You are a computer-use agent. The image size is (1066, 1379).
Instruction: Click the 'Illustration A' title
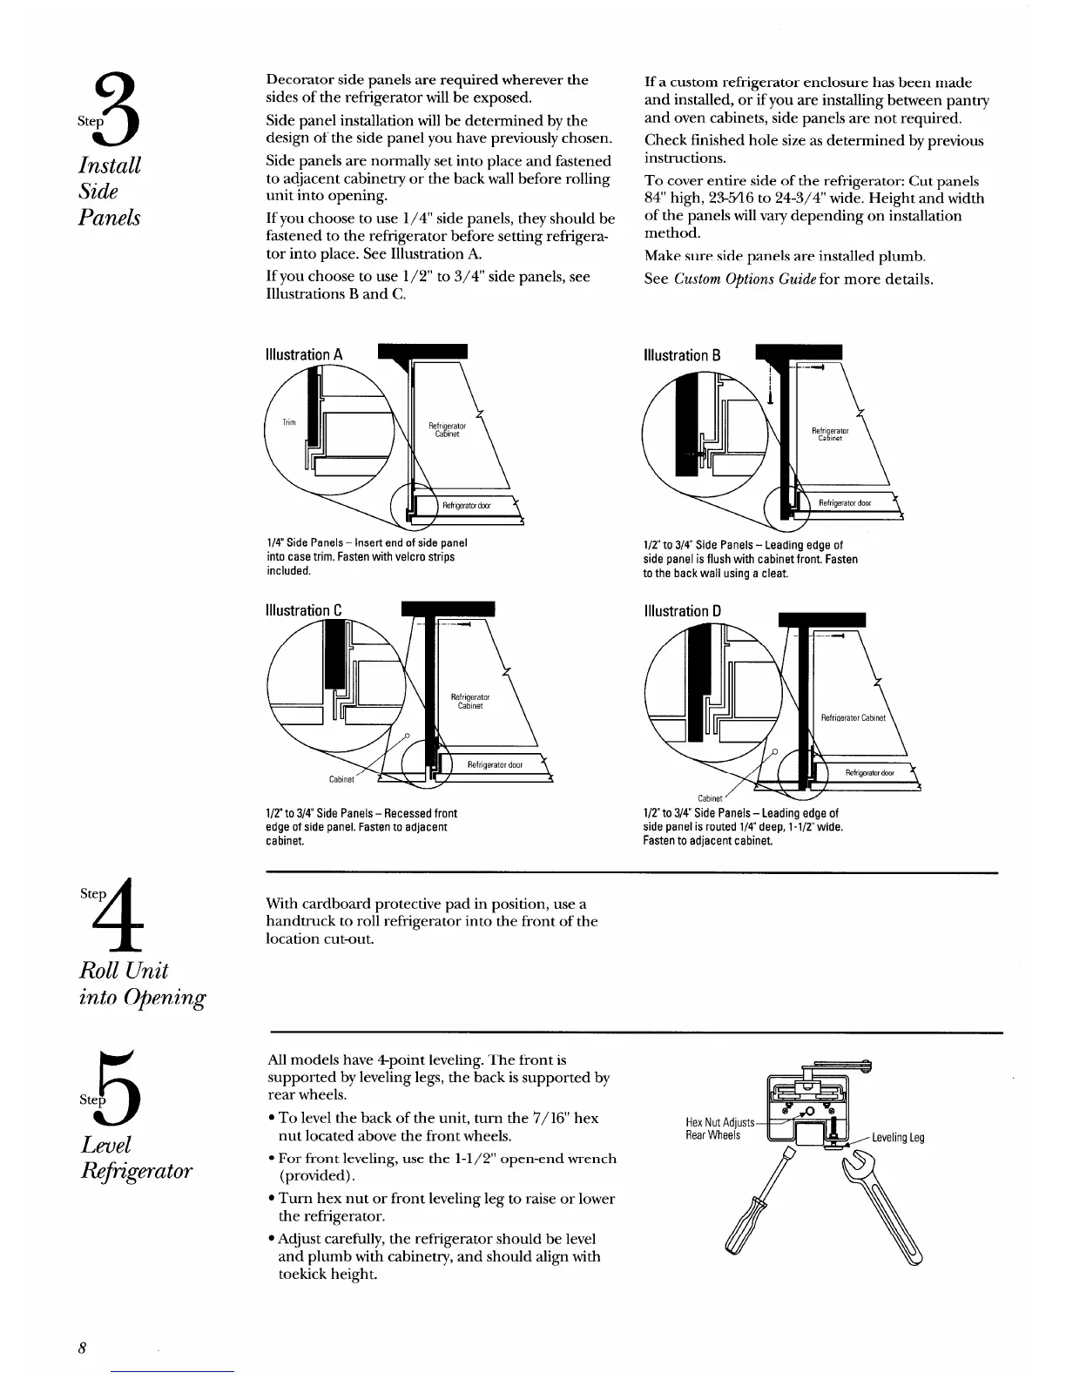tap(303, 355)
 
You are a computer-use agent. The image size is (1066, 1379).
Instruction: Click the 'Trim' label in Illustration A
tap(288, 422)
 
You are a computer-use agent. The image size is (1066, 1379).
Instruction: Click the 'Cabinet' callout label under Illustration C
tap(341, 779)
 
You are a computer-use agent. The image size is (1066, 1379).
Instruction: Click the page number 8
tap(80, 1348)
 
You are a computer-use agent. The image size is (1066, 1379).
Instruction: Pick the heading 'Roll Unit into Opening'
tap(142, 984)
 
